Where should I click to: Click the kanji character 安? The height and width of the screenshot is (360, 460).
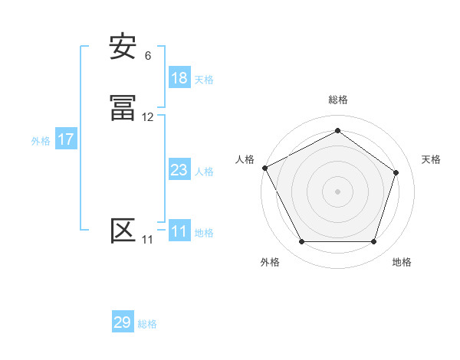click(x=123, y=48)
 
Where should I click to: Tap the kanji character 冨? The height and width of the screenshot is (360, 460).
click(x=123, y=110)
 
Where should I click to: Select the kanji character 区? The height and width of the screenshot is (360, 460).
click(x=123, y=231)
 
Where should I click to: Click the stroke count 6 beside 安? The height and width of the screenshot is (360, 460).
click(x=148, y=56)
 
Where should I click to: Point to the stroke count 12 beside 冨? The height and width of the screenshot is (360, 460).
click(x=148, y=117)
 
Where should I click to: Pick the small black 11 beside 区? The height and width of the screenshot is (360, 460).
click(x=147, y=240)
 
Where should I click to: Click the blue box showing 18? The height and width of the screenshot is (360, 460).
click(x=179, y=78)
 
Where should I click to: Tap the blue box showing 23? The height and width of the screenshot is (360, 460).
click(x=179, y=170)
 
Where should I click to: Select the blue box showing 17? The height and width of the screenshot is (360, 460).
click(x=66, y=140)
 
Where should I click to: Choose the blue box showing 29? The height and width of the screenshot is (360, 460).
click(x=123, y=322)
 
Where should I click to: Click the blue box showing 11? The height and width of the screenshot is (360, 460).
click(x=179, y=231)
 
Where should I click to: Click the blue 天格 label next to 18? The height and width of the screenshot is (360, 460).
click(x=204, y=79)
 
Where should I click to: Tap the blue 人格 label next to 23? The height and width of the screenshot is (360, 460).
click(x=204, y=171)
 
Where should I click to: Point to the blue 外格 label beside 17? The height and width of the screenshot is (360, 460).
click(x=41, y=141)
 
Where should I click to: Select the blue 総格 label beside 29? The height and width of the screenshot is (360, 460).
click(x=147, y=323)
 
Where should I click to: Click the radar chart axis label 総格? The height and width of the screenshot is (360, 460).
click(x=337, y=100)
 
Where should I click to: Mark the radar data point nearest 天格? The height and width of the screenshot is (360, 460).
click(x=396, y=172)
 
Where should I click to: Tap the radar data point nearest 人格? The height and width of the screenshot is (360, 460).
click(x=264, y=168)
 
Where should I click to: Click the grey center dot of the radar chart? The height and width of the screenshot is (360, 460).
click(x=337, y=191)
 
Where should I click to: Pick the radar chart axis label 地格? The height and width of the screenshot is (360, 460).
click(x=402, y=262)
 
